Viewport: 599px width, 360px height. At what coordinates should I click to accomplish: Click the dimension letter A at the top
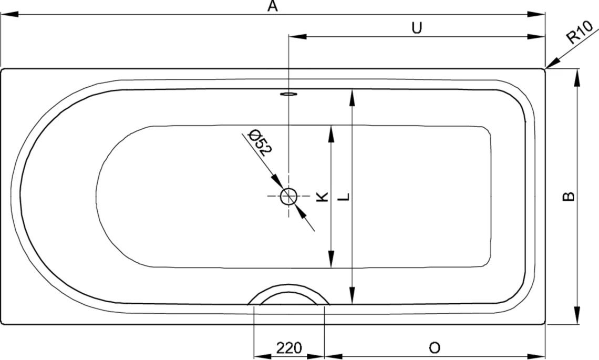click(272, 6)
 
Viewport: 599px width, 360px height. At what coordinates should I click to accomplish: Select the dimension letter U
click(417, 28)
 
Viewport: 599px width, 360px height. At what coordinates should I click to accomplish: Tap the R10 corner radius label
click(580, 32)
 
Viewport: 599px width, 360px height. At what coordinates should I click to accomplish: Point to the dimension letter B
click(569, 196)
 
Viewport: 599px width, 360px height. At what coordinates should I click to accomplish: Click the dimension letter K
click(322, 197)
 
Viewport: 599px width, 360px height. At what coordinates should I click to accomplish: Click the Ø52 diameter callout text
click(260, 143)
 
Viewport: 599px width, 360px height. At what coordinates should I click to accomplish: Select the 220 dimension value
click(289, 348)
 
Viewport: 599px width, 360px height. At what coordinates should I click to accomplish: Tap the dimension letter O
click(435, 348)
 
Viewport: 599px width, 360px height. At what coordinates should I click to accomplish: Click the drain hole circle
click(289, 197)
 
